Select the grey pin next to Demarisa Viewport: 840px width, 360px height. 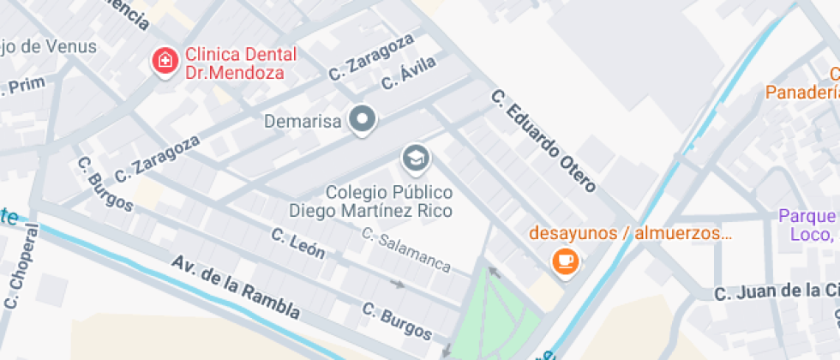[363, 120]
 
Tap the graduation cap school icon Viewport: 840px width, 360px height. [417, 158]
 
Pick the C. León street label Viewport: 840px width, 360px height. [298, 243]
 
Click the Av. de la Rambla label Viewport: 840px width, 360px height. [235, 286]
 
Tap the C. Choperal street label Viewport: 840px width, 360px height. [22, 266]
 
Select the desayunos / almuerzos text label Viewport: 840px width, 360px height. [630, 232]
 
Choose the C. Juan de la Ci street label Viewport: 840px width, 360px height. [777, 292]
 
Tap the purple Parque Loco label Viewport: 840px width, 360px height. [808, 225]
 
